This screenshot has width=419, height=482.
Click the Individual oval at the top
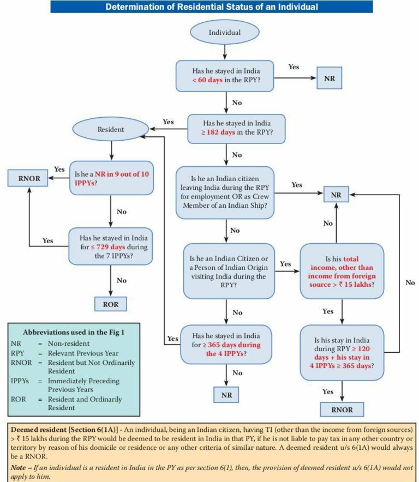[x=225, y=32]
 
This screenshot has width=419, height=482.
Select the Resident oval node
[x=111, y=130]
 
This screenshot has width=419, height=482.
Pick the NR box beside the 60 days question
[x=330, y=78]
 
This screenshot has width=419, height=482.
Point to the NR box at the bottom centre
[x=226, y=394]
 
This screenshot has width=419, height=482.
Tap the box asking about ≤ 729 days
[x=110, y=246]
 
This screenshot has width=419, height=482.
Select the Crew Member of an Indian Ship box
[x=225, y=191]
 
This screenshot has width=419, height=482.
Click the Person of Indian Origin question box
[x=229, y=270]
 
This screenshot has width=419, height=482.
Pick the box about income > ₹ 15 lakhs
[x=342, y=270]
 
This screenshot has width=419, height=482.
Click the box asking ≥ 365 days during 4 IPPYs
[x=226, y=345]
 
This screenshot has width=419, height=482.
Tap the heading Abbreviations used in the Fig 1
[x=74, y=332]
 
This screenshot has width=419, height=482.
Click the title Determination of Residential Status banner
[x=212, y=7]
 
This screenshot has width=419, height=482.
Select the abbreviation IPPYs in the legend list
[x=20, y=381]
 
